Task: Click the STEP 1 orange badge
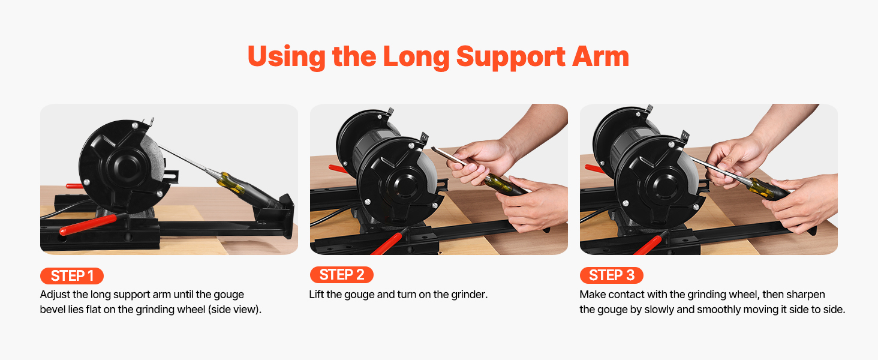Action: point(72,275)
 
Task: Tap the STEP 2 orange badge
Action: point(341,275)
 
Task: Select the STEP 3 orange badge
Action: point(612,275)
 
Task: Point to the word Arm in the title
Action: point(600,56)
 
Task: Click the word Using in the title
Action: point(287,57)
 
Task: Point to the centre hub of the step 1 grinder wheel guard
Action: point(126,167)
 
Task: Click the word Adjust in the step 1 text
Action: point(55,295)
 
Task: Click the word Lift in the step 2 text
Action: point(316,294)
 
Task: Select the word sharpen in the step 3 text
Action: point(805,295)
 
